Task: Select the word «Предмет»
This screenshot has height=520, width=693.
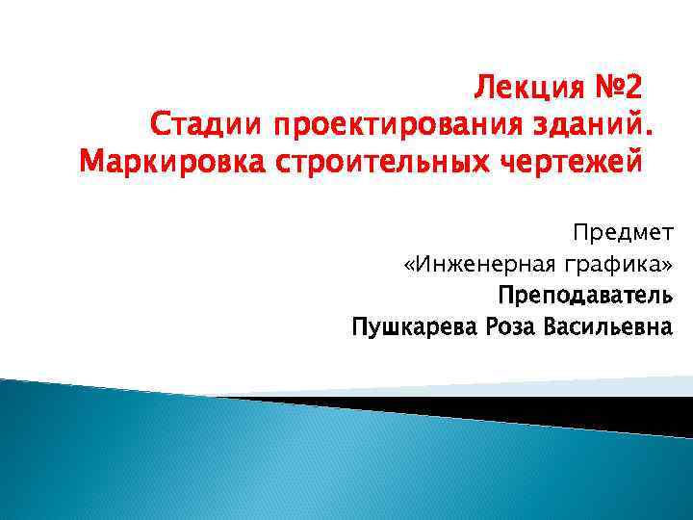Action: pos(625,232)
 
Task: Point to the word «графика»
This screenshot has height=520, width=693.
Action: pos(610,264)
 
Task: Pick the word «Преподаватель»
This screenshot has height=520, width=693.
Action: pos(586,295)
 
